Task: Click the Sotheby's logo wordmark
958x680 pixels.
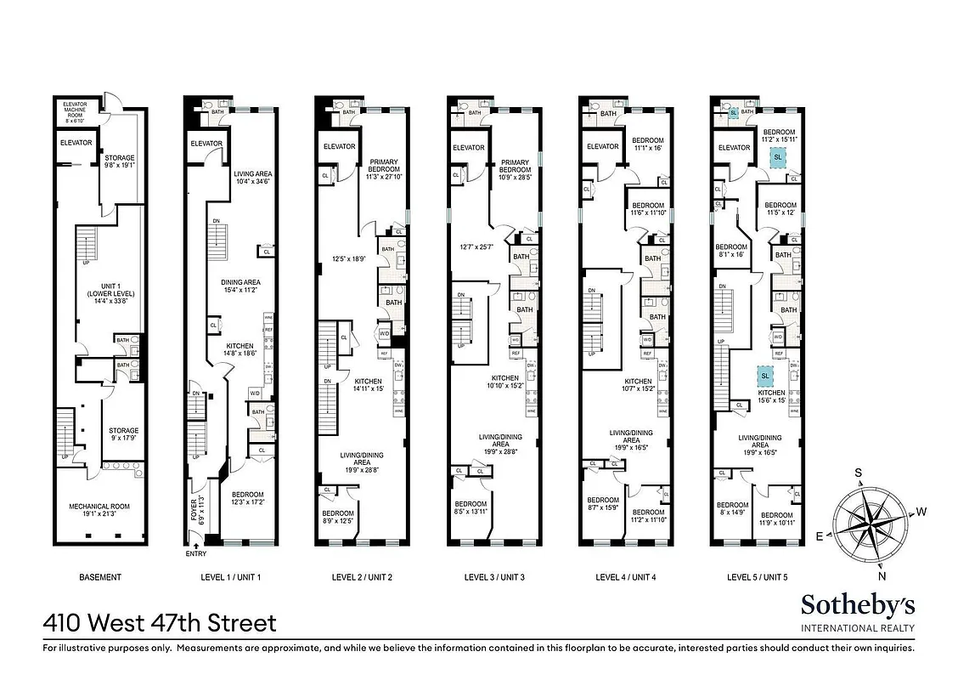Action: point(858,604)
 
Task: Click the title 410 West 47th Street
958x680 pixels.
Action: point(160,623)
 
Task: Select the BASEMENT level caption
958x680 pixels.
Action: point(99,577)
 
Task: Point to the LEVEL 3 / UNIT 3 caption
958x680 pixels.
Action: point(494,577)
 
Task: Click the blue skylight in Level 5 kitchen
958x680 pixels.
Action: point(764,376)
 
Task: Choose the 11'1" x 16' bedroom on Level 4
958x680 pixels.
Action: point(647,144)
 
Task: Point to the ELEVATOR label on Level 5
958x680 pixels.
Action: point(735,148)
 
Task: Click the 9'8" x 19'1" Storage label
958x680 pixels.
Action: point(120,162)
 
